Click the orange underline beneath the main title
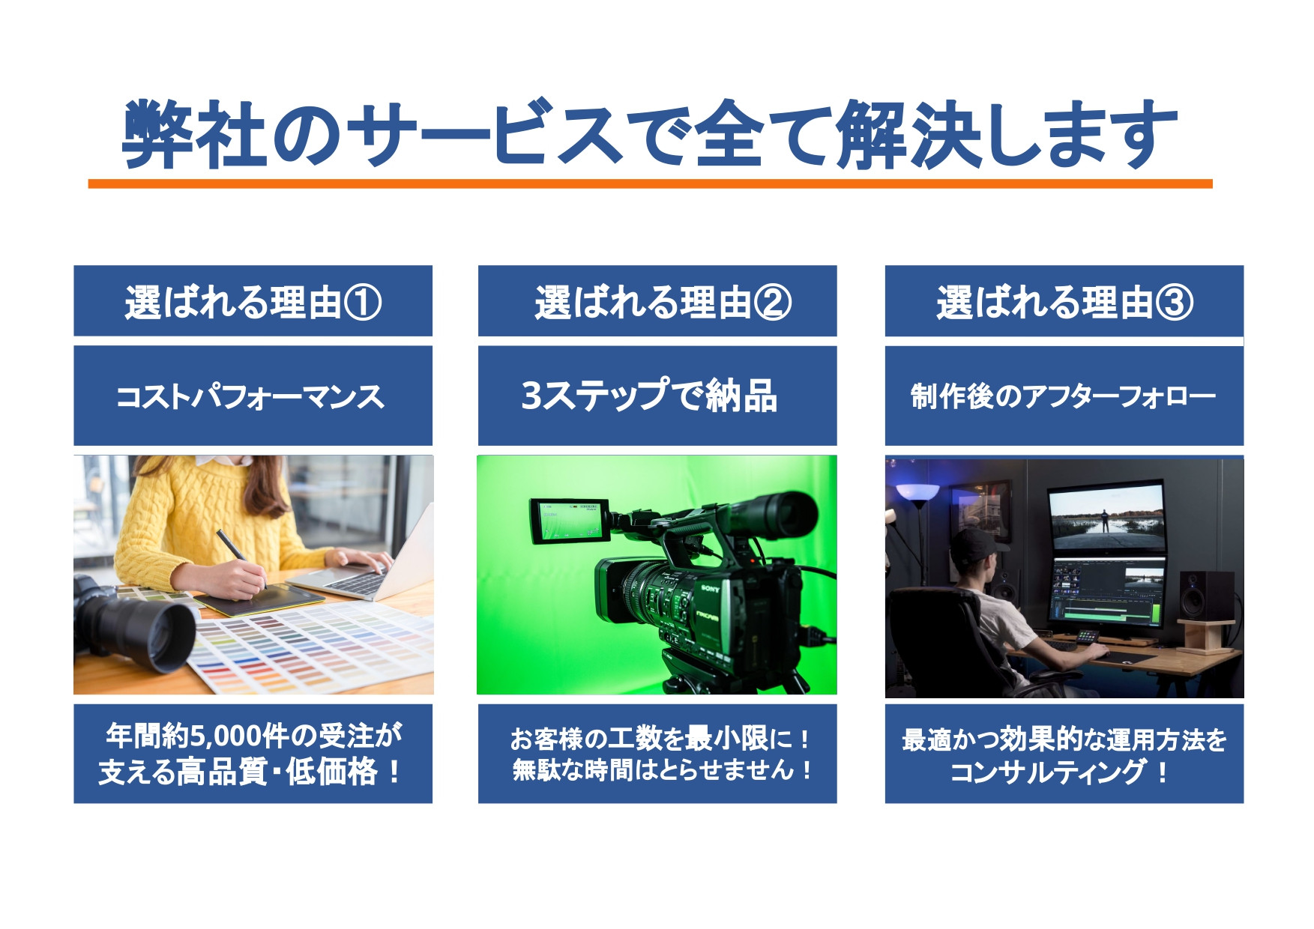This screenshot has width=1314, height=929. [x=650, y=184]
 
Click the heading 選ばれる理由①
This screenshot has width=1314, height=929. [x=253, y=303]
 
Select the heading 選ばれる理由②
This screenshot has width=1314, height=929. [x=663, y=303]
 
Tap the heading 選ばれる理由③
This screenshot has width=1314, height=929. [x=1064, y=303]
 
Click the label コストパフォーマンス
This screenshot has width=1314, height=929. [x=250, y=396]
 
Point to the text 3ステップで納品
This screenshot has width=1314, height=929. [x=649, y=396]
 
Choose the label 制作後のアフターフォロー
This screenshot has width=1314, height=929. [x=1063, y=396]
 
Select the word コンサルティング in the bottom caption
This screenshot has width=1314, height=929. [x=1048, y=771]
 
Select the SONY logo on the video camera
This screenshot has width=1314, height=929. [x=711, y=588]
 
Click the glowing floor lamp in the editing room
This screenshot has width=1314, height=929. [x=917, y=494]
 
